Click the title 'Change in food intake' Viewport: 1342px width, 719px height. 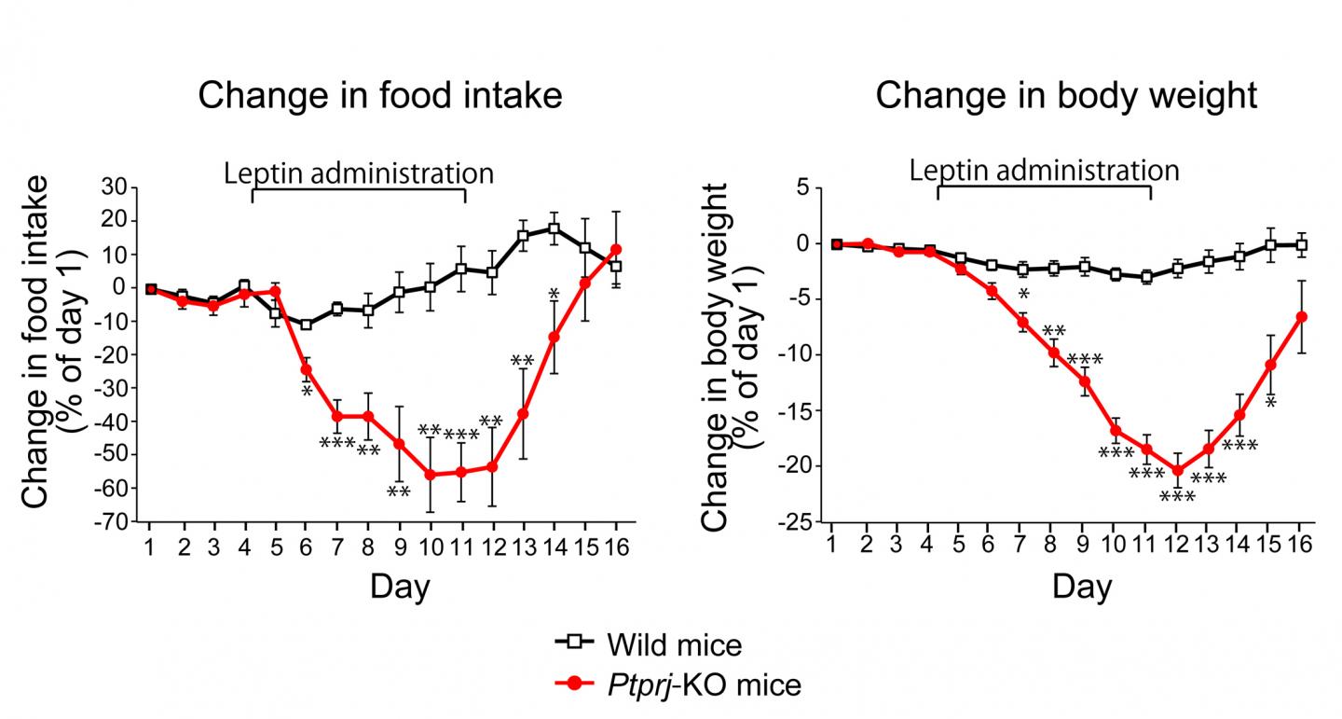click(x=381, y=95)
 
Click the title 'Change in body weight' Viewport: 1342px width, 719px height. click(x=1065, y=95)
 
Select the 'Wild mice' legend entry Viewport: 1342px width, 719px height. click(x=674, y=644)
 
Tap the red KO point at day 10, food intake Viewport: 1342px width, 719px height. click(x=430, y=475)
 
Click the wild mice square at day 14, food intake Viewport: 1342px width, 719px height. click(x=554, y=228)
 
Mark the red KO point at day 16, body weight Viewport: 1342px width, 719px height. click(x=1302, y=317)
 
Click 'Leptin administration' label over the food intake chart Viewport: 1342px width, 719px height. click(x=359, y=173)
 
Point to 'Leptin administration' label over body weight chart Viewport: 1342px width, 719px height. click(x=1045, y=171)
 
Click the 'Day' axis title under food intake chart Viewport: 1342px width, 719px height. click(x=401, y=587)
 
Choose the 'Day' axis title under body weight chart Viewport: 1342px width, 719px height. click(x=1082, y=587)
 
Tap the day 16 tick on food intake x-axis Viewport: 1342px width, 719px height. click(x=615, y=546)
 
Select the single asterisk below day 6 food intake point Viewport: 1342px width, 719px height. click(x=307, y=391)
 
